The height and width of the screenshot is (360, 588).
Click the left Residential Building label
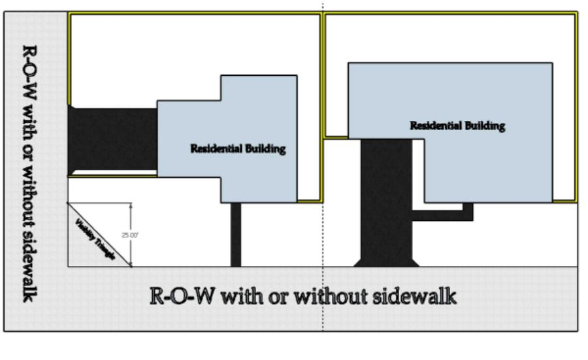click(x=238, y=149)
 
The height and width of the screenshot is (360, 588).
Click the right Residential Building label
click(x=457, y=126)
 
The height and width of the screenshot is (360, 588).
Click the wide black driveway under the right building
click(x=386, y=196)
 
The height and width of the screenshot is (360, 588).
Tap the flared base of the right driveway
click(x=386, y=262)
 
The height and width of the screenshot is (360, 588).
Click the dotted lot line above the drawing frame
click(x=322, y=5)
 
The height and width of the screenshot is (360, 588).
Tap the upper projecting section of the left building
click(x=259, y=88)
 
